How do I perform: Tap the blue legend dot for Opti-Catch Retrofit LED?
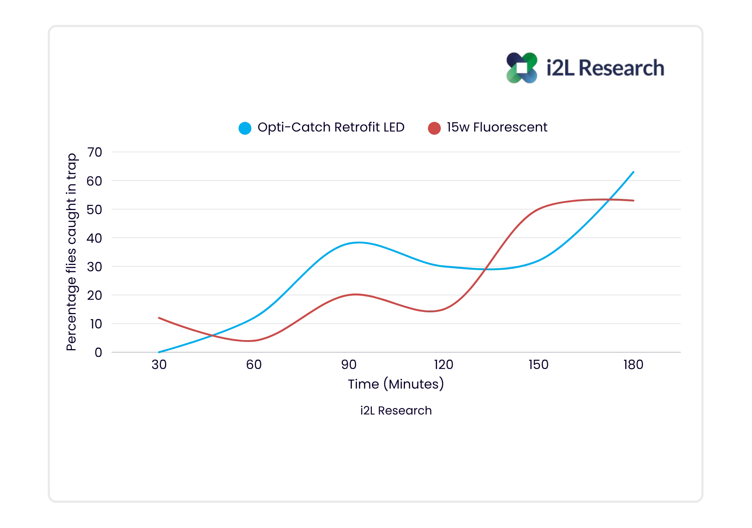[x=245, y=128]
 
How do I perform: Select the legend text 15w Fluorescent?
[x=497, y=127]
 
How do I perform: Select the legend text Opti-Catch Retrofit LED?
[x=331, y=127]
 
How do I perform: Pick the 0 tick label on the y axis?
[x=98, y=353]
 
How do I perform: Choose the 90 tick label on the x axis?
[x=349, y=365]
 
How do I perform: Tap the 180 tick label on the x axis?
[x=634, y=365]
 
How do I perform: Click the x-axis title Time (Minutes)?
[x=396, y=384]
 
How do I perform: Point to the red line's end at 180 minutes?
[x=634, y=201]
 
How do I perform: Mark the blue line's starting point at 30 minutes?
[x=159, y=352]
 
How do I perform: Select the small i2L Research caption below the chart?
[x=396, y=410]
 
